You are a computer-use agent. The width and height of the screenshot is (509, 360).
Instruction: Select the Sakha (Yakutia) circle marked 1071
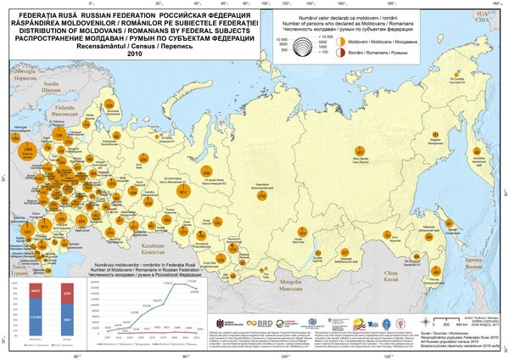click(x=360, y=153)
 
